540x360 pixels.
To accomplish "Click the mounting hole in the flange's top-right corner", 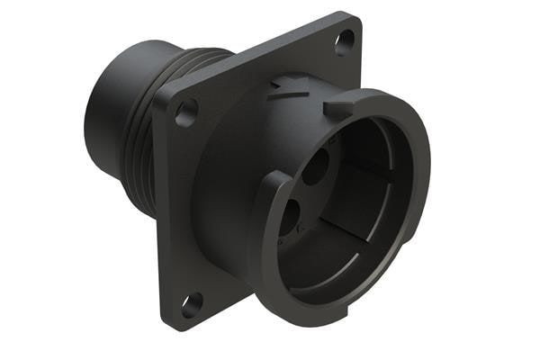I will coord(345,41).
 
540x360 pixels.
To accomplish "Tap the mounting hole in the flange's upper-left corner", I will coord(185,113).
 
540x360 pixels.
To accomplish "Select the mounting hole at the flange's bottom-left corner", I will coord(190,304).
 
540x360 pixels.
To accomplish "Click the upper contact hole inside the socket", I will coord(316,167).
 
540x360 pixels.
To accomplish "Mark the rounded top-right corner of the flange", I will coord(354,22).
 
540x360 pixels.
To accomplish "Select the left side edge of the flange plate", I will coord(161,216).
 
